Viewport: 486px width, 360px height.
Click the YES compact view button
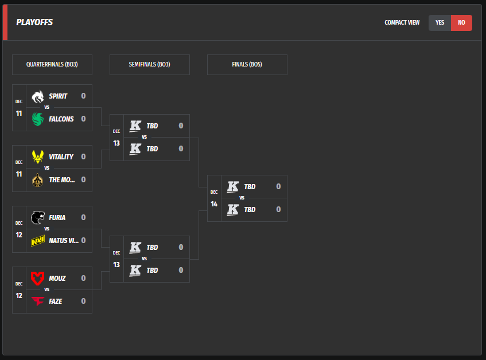click(440, 23)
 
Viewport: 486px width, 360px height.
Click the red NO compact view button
click(461, 23)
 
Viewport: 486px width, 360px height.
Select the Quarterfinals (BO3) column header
click(52, 65)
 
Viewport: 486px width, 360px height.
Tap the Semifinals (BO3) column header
click(149, 65)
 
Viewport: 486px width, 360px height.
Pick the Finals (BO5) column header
click(247, 65)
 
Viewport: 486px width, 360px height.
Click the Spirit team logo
click(38, 96)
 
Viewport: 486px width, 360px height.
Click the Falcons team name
click(61, 119)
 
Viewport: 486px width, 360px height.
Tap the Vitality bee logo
click(38, 156)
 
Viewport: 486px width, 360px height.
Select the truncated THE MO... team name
click(62, 180)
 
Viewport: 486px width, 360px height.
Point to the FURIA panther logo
click(38, 217)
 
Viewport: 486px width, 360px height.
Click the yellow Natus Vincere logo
click(38, 241)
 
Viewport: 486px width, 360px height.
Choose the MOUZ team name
click(57, 279)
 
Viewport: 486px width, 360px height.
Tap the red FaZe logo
click(38, 302)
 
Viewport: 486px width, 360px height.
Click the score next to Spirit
click(83, 96)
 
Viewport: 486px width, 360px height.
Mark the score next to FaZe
click(83, 302)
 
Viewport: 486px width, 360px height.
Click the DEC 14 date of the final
click(214, 198)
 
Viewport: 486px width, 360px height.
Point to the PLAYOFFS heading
click(34, 23)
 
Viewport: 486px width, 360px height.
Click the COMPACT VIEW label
click(402, 23)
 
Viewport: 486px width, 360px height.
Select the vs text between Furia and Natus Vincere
click(47, 229)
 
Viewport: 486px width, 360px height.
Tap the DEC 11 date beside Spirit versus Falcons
click(19, 108)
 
